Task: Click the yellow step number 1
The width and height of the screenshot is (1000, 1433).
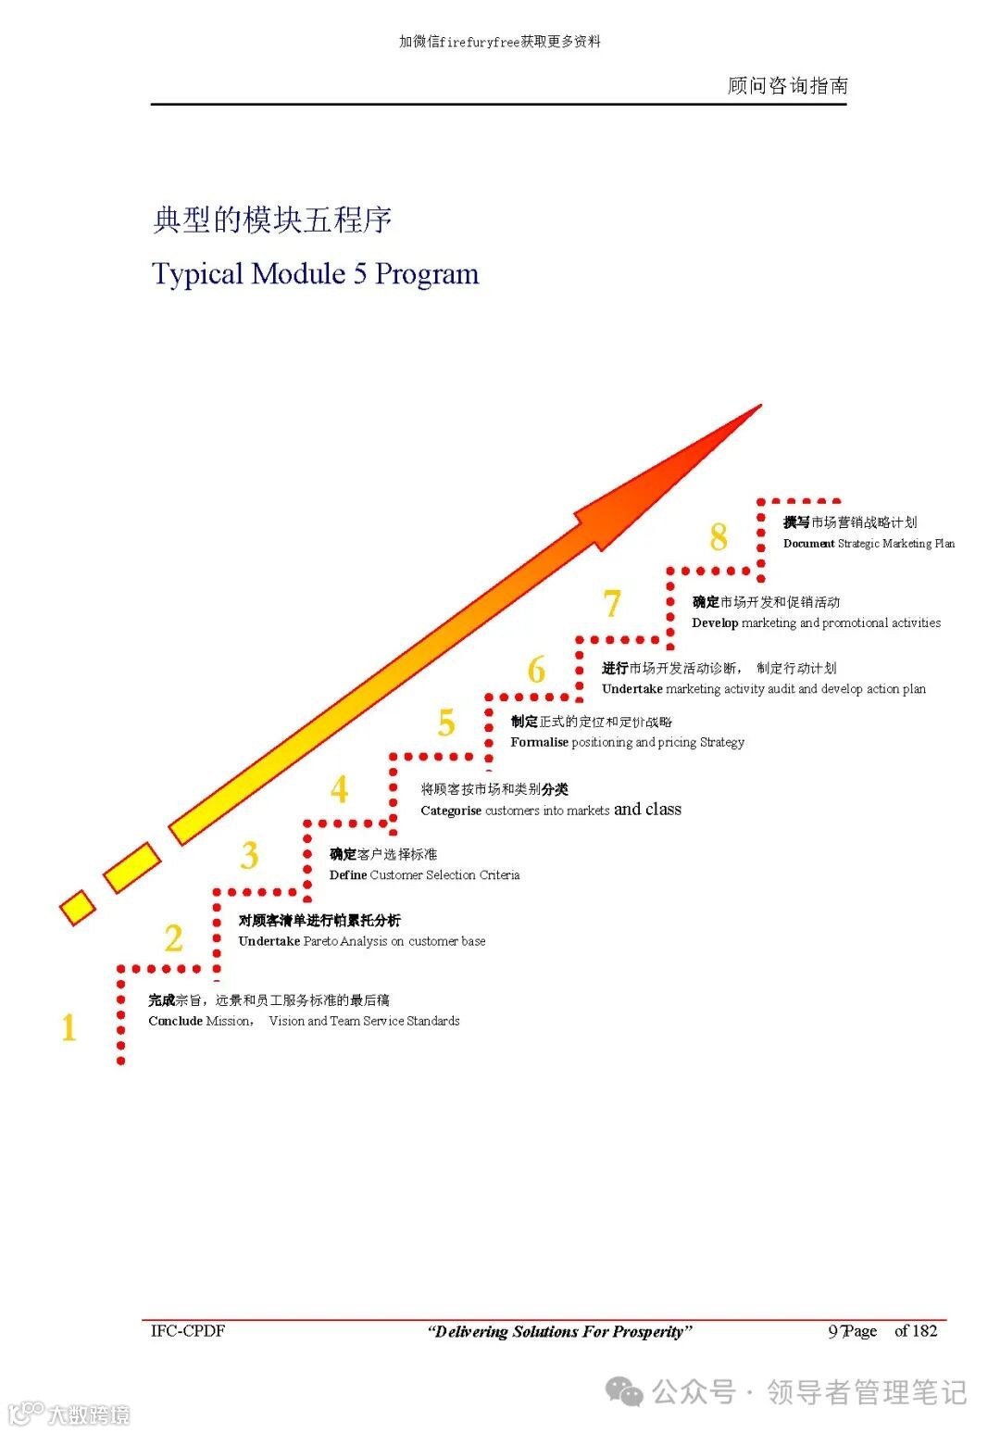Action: pos(69,1028)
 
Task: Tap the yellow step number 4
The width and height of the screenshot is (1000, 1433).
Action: pos(340,789)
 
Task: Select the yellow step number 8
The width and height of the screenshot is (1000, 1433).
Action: pos(719,537)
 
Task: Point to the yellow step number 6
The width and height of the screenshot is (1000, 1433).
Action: pos(536,670)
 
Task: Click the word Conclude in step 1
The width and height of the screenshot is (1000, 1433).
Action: pos(175,1021)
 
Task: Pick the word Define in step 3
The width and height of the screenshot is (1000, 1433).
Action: pos(347,874)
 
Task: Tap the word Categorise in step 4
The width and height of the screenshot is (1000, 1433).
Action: pos(450,811)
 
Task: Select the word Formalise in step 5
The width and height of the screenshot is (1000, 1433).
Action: pos(539,742)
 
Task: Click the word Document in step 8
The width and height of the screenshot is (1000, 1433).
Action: pos(808,544)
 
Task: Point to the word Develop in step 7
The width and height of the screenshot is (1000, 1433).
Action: pos(714,622)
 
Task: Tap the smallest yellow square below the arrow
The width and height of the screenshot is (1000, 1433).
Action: pos(78,908)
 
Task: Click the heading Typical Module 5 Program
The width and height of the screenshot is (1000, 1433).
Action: pos(315,274)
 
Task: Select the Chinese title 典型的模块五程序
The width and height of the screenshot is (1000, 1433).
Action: pos(272,220)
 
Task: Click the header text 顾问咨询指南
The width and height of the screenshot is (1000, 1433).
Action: pos(787,86)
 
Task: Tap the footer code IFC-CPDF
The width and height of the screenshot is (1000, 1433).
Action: pos(188,1331)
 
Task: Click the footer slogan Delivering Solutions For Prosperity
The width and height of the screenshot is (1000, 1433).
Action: pos(559,1332)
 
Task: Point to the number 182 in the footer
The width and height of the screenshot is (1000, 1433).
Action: pos(924,1331)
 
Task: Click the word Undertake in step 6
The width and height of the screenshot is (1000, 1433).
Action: pos(631,689)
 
